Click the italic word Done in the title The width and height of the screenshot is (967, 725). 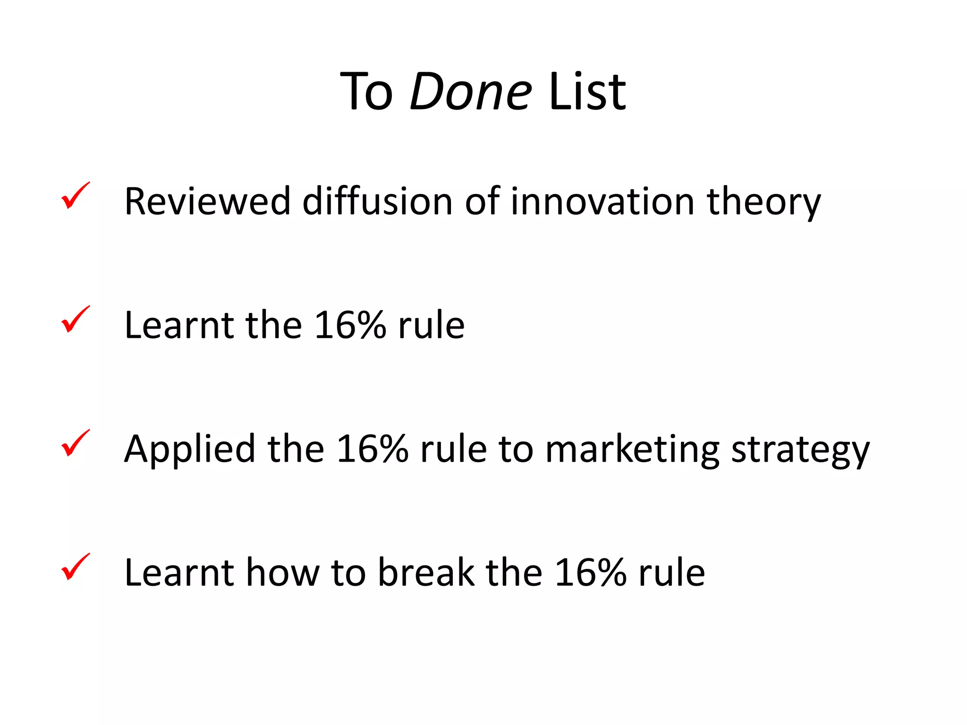tap(471, 92)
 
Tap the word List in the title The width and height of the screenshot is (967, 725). tap(587, 92)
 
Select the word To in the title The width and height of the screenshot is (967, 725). tap(366, 92)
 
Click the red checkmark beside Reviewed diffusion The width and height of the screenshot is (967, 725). tap(75, 195)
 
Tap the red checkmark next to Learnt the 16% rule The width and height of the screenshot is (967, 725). tap(75, 319)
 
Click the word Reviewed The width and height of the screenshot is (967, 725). tap(207, 202)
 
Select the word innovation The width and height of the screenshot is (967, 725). tap(602, 202)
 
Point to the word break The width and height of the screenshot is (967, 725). tap(426, 573)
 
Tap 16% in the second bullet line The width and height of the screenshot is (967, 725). tap(350, 325)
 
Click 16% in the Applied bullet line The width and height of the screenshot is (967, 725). tap(372, 449)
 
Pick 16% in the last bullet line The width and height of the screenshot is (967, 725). tap(590, 573)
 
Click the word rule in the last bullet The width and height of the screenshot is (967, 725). tap(672, 573)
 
